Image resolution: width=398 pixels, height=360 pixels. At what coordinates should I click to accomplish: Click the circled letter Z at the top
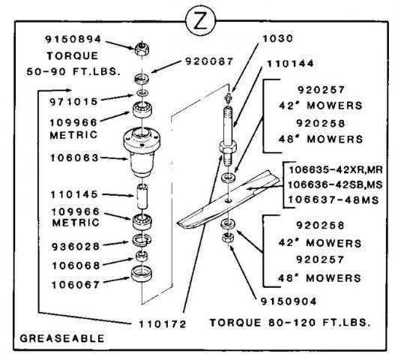coord(201,21)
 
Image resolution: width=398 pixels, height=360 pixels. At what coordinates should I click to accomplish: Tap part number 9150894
coord(73,39)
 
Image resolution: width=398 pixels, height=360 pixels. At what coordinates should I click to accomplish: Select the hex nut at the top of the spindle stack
coord(142,49)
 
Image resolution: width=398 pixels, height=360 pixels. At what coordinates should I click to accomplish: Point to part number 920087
coord(209,61)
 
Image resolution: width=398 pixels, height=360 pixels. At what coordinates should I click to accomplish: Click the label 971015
coord(73,101)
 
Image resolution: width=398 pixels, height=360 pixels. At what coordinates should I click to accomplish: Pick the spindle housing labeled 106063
coord(142,151)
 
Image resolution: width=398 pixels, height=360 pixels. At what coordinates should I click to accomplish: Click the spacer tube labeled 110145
coord(142,197)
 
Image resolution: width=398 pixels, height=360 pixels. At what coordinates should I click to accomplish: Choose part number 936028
coord(76,247)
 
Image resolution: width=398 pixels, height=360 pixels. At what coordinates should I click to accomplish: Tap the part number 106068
coord(76,265)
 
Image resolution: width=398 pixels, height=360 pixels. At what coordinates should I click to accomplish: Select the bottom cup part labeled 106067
coord(142,274)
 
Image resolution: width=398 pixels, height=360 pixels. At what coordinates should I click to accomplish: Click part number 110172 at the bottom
coord(163,324)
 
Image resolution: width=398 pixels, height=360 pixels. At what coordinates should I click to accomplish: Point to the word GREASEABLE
coord(62,338)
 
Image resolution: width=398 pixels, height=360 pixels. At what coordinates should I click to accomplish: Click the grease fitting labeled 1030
coord(229,97)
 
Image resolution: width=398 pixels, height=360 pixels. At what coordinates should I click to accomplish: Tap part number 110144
coord(290,64)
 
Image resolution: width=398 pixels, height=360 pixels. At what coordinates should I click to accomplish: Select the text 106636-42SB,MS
coord(335,184)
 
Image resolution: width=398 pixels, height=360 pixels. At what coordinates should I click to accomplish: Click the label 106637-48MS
coord(334,200)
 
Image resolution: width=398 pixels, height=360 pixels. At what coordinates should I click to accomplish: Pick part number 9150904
coord(289,301)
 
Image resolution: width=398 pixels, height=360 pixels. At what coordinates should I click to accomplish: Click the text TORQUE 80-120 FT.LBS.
coord(290,322)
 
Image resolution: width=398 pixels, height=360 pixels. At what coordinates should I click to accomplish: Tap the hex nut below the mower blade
coord(228,238)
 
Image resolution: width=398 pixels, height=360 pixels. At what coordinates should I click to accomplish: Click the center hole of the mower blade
coord(228,201)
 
